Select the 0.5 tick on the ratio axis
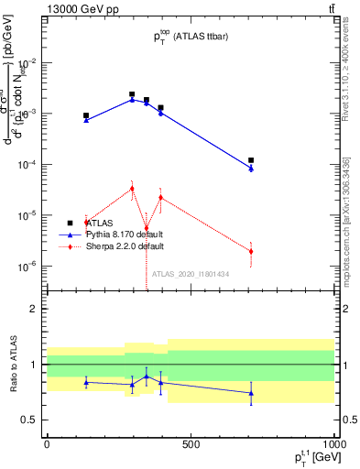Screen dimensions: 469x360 click(30, 420)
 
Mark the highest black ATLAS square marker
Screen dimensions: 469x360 click(132, 94)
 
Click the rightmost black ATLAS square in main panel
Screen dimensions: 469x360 click(251, 160)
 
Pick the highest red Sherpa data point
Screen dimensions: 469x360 click(132, 188)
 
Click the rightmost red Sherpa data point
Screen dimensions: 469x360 click(251, 251)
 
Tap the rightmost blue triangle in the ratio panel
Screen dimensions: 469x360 click(251, 393)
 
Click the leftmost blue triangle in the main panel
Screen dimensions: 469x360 click(86, 120)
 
